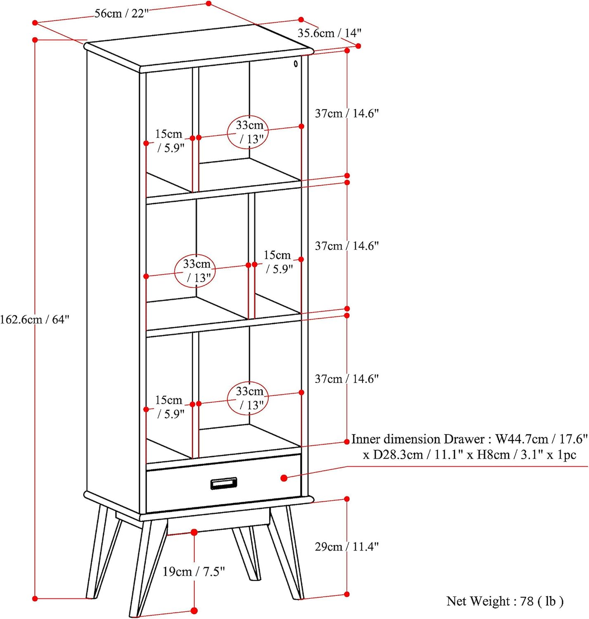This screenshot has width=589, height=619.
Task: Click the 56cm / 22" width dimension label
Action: coord(121,14)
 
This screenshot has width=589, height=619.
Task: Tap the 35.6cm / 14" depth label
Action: coord(329,33)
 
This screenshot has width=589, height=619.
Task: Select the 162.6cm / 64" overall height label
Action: coord(35,319)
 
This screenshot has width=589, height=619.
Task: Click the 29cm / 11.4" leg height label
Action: coord(346,547)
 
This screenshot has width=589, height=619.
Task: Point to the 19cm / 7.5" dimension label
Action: coord(194,572)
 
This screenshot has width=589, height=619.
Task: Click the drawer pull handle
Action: coord(224,483)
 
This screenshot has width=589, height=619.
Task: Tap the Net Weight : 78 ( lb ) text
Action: coord(504,601)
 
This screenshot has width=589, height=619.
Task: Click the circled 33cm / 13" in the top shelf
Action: coord(249,132)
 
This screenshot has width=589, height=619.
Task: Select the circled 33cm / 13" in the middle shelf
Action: coord(197,271)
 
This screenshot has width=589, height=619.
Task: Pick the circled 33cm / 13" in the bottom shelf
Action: coord(249,398)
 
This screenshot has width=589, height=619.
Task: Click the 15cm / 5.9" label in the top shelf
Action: coord(169,141)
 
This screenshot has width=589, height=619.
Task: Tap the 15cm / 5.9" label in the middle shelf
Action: coord(278,262)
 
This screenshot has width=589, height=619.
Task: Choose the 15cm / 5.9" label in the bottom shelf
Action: coord(169,407)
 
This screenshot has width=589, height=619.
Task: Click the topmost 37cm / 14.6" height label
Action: coord(346,113)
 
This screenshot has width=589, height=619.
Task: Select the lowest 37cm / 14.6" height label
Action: coord(346,379)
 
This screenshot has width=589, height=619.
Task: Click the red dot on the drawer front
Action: coord(284,478)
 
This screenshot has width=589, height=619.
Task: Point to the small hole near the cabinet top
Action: coord(296,64)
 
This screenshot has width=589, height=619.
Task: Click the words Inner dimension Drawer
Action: coord(417,439)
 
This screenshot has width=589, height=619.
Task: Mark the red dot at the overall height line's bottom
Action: coord(35,598)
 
